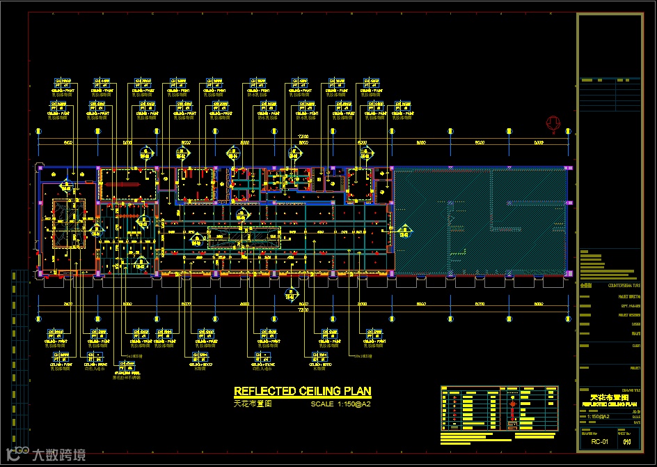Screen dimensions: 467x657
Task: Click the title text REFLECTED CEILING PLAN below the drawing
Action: click(302, 391)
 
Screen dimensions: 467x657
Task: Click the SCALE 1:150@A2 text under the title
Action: click(340, 404)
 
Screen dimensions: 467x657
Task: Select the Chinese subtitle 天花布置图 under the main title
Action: click(252, 404)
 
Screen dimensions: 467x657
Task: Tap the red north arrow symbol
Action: click(553, 124)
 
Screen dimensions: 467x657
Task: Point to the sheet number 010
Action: click(627, 441)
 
